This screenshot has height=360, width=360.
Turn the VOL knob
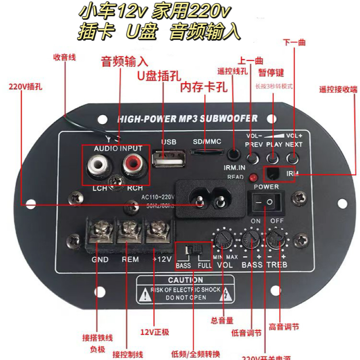(x=223, y=239)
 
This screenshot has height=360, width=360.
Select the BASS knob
(x=250, y=238)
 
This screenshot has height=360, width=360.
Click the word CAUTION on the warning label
(x=185, y=280)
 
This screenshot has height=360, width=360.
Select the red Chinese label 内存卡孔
(x=204, y=87)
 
